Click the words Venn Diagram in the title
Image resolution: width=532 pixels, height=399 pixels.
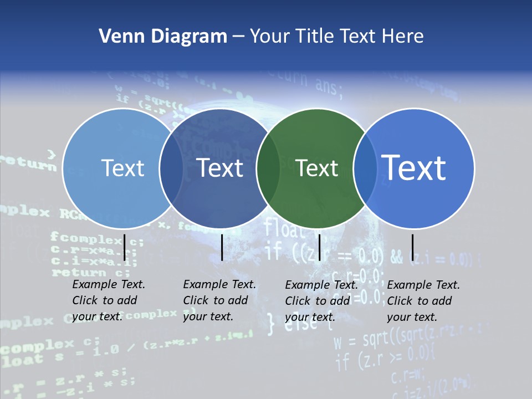(163, 37)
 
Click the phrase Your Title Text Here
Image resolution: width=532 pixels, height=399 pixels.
(337, 37)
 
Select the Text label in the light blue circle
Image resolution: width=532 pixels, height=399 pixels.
(122, 168)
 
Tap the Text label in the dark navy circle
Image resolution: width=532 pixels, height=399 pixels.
(220, 168)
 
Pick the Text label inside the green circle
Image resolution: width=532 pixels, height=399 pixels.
(317, 168)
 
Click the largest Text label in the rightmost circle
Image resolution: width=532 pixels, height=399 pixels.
(414, 167)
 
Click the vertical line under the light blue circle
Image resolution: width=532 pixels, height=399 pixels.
(125, 247)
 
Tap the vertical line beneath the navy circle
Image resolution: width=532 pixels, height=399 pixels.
(222, 247)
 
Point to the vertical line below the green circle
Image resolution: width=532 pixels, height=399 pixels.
(319, 247)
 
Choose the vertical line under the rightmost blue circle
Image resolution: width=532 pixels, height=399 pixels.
(412, 247)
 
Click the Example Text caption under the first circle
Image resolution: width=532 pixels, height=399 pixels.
(109, 300)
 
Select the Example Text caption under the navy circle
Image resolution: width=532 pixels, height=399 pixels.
(219, 300)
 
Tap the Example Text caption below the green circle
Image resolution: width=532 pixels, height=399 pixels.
(321, 301)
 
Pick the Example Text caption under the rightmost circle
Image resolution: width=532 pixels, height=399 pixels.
(423, 301)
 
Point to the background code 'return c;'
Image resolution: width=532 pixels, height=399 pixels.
(91, 272)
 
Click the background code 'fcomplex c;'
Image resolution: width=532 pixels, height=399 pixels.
(96, 239)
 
